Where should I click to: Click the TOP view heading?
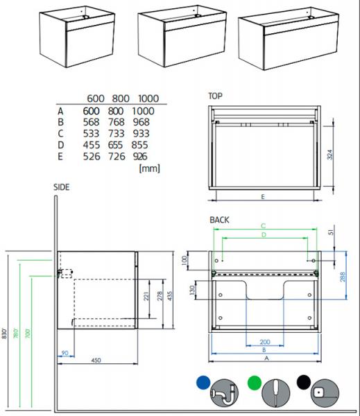coord(215,96)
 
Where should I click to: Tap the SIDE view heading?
coord(62,187)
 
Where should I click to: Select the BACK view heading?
coord(219,220)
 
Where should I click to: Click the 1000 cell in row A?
coord(144,111)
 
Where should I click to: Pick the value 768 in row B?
coord(116,122)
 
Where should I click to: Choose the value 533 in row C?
coord(91,133)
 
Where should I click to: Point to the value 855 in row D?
coord(139,145)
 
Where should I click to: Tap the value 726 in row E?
coord(117,156)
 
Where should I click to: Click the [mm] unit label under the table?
coord(150,168)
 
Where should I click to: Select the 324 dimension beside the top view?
coord(329,155)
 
